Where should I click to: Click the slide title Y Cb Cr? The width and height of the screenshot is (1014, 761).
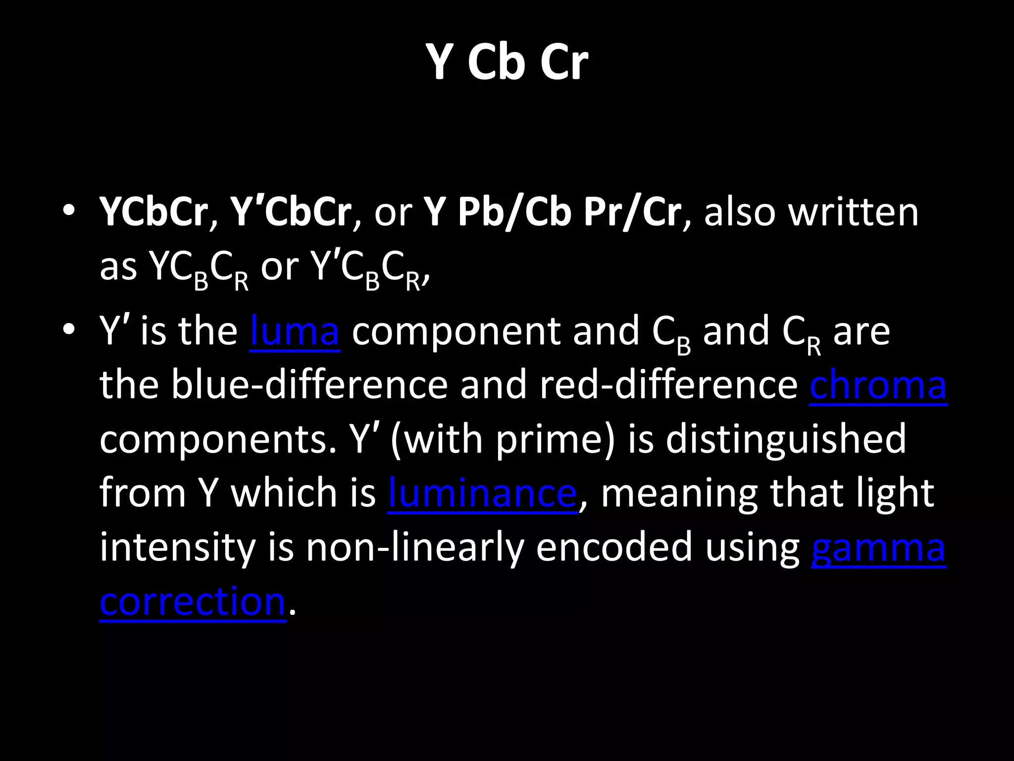[x=507, y=61]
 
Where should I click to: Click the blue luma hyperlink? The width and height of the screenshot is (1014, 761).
[x=295, y=331]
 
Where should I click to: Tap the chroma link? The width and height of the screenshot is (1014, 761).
[x=878, y=385]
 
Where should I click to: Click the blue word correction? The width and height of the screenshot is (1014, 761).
[x=193, y=601]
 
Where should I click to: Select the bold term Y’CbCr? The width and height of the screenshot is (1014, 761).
[x=291, y=212]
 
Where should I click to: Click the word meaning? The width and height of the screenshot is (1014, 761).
[x=678, y=494]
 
